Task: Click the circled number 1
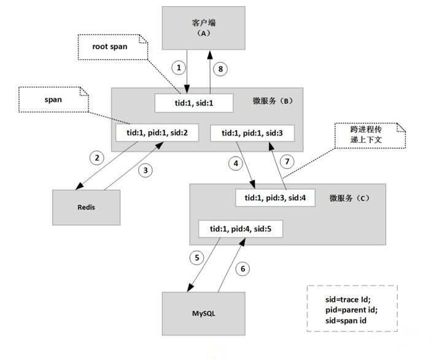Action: tap(179, 67)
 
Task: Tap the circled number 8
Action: tap(220, 69)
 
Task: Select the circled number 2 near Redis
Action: tap(97, 158)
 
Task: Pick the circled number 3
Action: tap(145, 170)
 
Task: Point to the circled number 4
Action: tap(236, 163)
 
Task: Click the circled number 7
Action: tap(287, 162)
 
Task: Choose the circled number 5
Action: tap(197, 258)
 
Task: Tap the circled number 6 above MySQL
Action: tap(242, 269)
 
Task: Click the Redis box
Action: tap(87, 207)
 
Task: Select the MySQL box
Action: tap(204, 313)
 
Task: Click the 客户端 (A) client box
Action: tap(204, 28)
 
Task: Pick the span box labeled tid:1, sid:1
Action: tap(194, 103)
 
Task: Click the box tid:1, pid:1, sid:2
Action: tap(157, 132)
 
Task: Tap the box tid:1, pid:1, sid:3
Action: tap(252, 133)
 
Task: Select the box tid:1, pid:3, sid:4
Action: tap(275, 197)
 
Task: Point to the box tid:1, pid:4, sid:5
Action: tap(241, 229)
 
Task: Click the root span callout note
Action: tap(113, 47)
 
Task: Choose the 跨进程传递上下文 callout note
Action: tap(370, 135)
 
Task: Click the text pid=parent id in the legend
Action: tap(351, 310)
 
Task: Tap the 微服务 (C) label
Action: tap(349, 198)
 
